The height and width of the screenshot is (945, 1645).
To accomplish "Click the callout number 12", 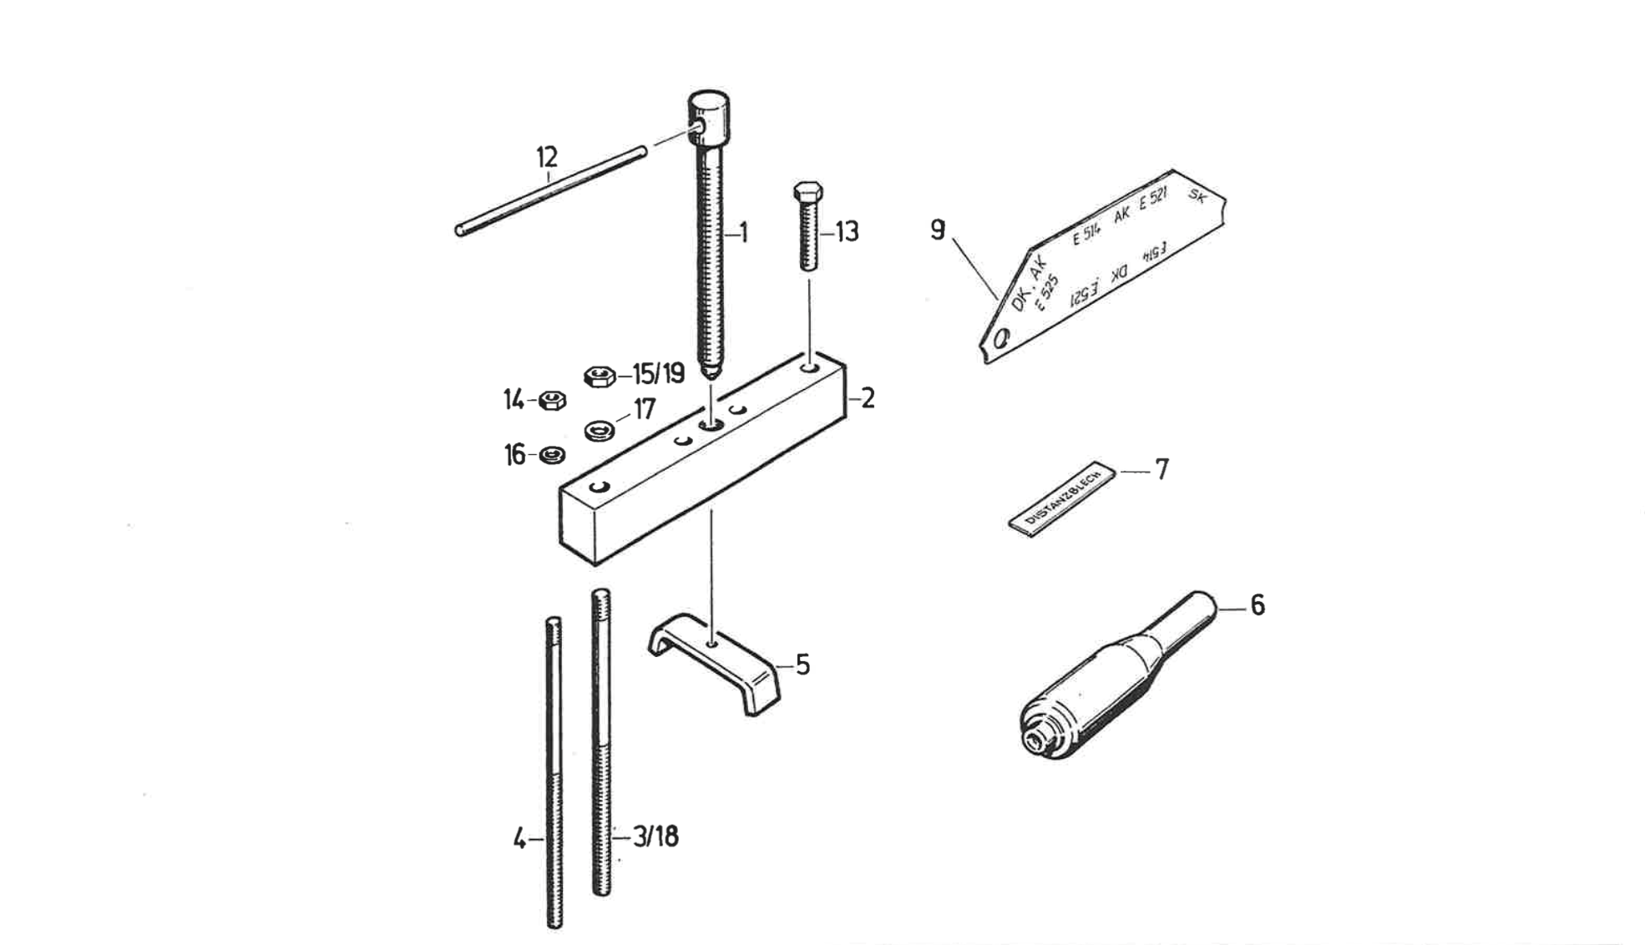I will (x=547, y=157).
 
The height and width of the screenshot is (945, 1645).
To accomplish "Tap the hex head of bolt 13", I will (x=807, y=191).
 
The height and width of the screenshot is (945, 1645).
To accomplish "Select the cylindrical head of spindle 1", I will (x=708, y=116).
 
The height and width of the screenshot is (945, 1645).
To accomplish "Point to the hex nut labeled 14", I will (x=552, y=401).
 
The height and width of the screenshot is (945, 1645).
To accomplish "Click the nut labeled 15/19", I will (x=599, y=376).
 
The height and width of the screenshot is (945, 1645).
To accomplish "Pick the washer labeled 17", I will (x=600, y=431).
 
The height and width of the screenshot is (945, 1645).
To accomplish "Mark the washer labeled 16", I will (x=552, y=455).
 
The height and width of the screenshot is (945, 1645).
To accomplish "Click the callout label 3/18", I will (x=655, y=836).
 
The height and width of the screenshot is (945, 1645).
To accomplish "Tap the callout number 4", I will (x=519, y=838).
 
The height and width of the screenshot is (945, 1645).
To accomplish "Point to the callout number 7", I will (x=1162, y=470).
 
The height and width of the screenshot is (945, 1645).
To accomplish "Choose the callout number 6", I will (x=1258, y=605).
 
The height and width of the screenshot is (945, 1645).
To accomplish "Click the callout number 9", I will (x=938, y=230).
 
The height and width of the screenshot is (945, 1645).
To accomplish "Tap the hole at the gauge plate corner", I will (x=1002, y=339).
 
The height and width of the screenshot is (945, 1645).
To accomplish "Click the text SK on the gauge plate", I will (x=1197, y=197).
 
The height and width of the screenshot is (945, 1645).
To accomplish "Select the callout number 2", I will (x=868, y=398).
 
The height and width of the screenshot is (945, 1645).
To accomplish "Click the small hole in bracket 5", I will (x=710, y=644).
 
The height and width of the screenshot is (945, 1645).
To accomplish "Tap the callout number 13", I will (x=847, y=231).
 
